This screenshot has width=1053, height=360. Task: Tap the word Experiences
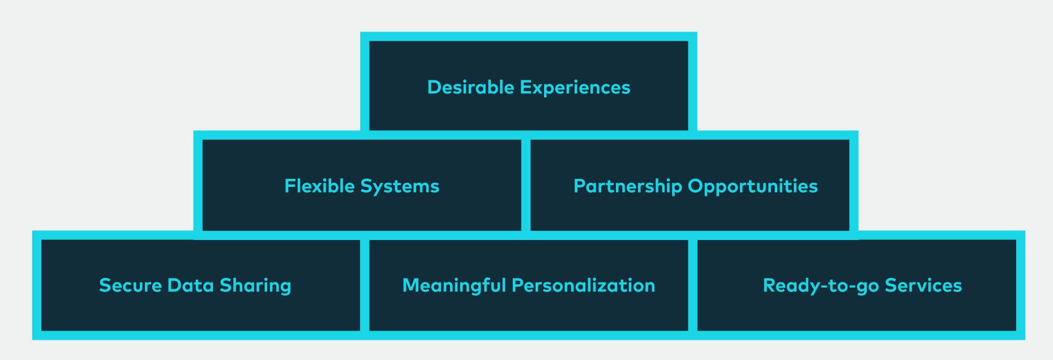(x=575, y=88)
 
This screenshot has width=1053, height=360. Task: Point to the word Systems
(x=400, y=186)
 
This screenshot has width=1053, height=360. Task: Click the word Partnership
(x=628, y=186)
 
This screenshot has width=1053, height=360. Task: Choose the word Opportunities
(x=753, y=186)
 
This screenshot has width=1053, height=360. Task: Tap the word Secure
(x=130, y=285)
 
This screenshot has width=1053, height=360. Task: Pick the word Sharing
(x=255, y=285)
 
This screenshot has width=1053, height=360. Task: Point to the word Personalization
(x=584, y=285)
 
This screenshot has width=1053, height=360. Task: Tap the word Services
(x=923, y=285)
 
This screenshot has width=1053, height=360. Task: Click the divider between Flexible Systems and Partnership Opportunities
(x=526, y=185)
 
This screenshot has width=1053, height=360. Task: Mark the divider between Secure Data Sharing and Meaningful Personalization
(x=365, y=285)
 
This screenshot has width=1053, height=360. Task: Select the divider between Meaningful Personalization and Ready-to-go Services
(x=693, y=285)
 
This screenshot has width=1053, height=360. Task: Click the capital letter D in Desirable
(x=434, y=87)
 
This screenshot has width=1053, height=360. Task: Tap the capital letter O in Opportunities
(x=696, y=186)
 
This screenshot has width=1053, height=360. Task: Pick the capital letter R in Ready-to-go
(x=769, y=285)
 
